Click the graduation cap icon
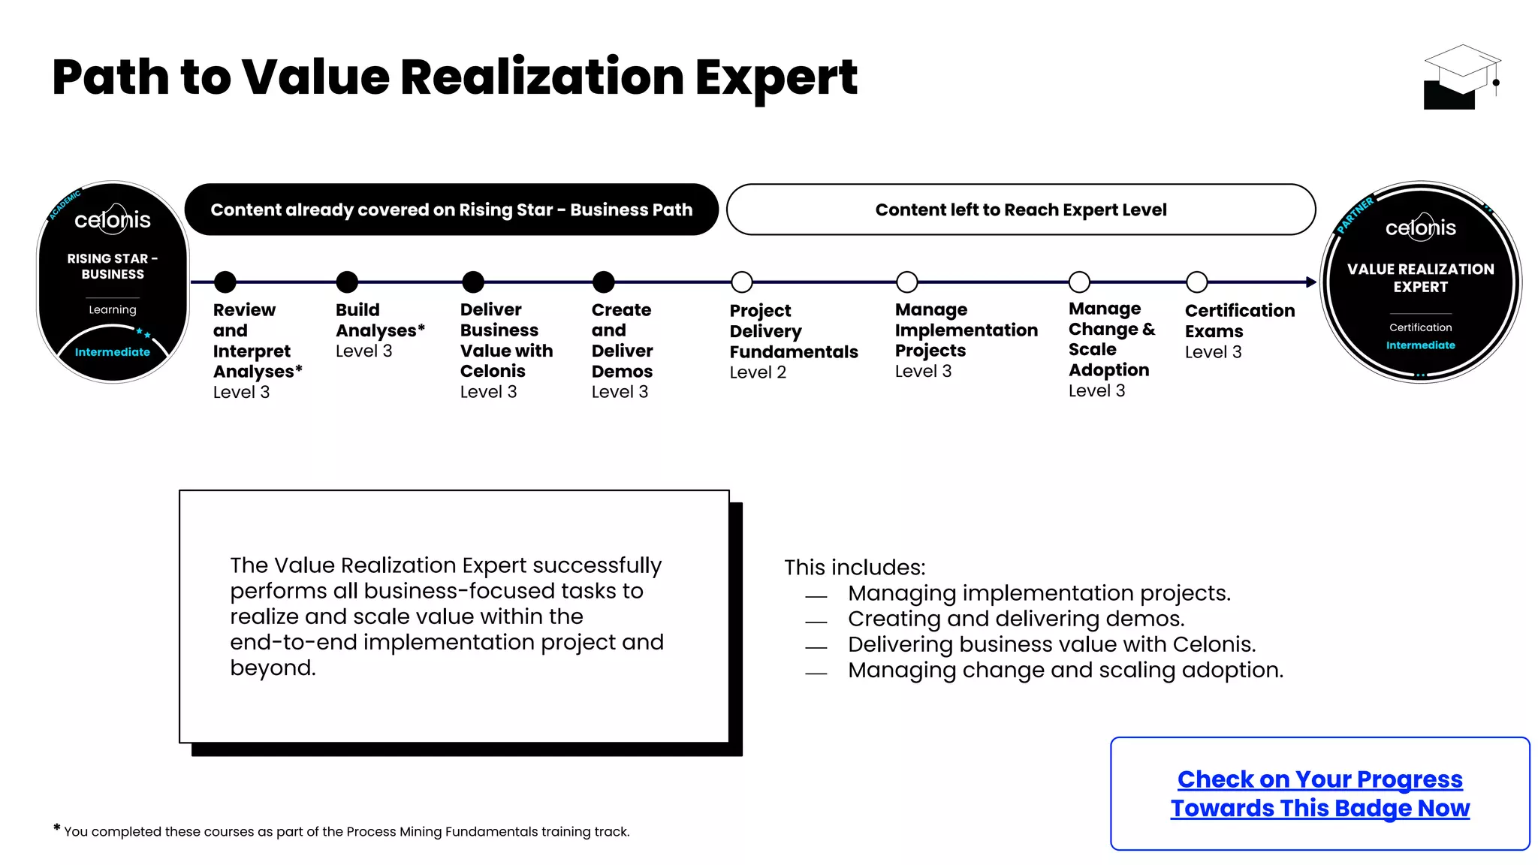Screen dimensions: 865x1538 (1461, 77)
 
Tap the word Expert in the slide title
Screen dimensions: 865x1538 (776, 78)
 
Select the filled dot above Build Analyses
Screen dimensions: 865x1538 (347, 282)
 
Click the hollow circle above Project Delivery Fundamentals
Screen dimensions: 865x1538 (742, 282)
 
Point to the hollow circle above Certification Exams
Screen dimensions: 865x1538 (1197, 282)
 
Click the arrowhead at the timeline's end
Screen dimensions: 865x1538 (1311, 282)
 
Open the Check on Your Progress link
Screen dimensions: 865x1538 (1319, 794)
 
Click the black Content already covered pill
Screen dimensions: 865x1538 (451, 209)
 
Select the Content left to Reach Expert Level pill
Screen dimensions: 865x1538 (1021, 209)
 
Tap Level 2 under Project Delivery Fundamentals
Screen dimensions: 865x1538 (758, 372)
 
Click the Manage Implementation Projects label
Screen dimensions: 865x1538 (966, 330)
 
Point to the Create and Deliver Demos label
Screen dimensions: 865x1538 (622, 341)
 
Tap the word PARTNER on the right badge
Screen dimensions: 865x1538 (1356, 215)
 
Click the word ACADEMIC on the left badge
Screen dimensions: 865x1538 (65, 205)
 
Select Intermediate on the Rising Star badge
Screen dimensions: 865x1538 (113, 352)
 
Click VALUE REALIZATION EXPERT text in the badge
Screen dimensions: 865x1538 (1420, 278)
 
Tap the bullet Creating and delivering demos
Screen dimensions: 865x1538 (1015, 619)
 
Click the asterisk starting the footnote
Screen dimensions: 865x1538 (57, 828)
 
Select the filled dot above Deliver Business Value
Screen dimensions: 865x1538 (473, 282)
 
